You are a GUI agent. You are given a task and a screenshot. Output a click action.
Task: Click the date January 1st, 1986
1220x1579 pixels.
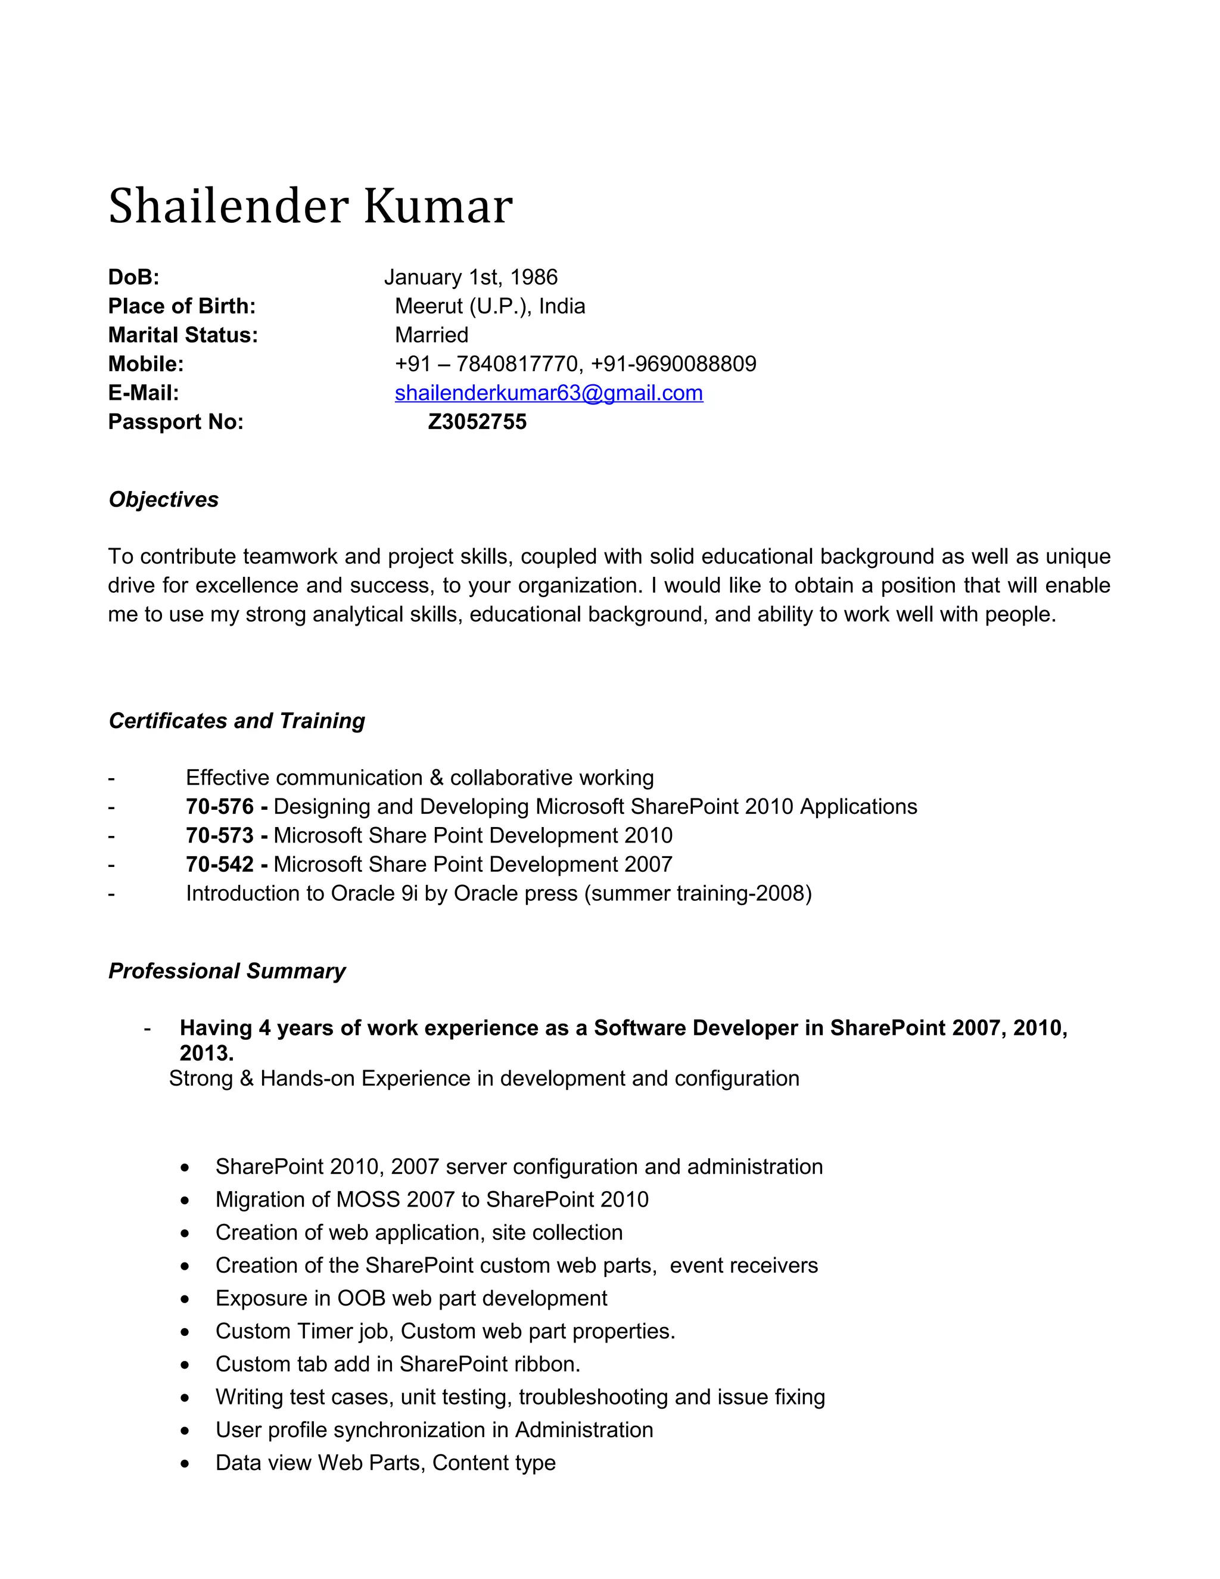(x=471, y=277)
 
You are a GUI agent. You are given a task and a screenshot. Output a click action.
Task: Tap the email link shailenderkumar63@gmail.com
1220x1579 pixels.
(x=549, y=393)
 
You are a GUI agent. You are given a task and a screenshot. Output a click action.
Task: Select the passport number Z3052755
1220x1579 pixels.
(x=477, y=421)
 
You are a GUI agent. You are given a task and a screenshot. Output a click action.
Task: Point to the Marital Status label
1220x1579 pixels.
(x=183, y=335)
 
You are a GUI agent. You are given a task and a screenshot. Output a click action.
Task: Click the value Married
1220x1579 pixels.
(x=431, y=335)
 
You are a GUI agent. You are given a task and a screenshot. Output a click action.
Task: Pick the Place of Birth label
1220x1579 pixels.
(x=182, y=306)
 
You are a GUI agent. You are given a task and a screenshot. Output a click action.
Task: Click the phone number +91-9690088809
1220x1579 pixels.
(x=674, y=363)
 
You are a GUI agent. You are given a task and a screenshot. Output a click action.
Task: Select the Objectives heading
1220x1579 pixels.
(x=163, y=499)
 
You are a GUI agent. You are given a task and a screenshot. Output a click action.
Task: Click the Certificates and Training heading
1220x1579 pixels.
(x=236, y=721)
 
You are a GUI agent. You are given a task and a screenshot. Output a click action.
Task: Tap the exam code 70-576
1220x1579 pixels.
(x=220, y=806)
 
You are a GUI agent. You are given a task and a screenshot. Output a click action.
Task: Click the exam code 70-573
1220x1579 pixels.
(x=220, y=835)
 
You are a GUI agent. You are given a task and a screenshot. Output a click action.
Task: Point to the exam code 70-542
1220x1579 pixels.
(x=220, y=864)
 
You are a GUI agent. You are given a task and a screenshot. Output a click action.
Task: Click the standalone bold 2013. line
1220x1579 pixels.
(x=207, y=1053)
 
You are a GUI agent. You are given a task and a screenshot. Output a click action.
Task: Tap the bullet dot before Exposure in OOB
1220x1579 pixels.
(x=186, y=1299)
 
